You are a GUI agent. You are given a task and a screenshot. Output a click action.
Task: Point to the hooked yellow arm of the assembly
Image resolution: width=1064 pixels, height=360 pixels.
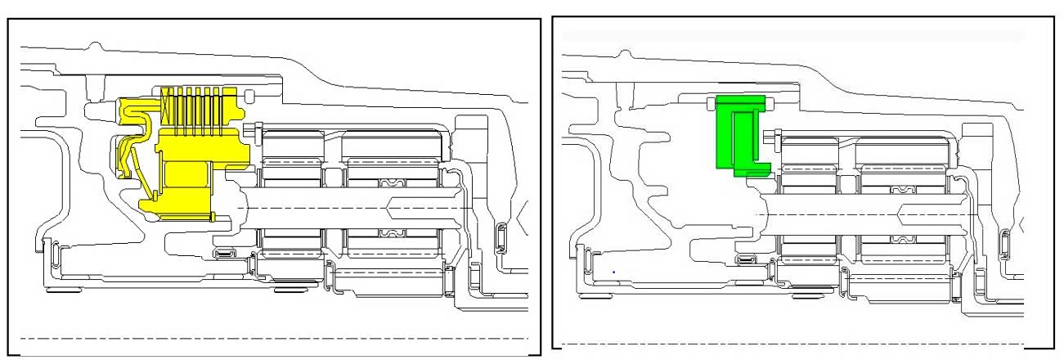131,147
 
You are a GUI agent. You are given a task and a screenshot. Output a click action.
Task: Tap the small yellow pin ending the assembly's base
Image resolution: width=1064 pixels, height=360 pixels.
214,217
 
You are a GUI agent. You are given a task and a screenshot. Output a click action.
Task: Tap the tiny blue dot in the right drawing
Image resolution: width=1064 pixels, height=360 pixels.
613,271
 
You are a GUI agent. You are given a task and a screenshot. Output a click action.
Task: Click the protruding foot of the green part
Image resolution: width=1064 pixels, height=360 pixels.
756,170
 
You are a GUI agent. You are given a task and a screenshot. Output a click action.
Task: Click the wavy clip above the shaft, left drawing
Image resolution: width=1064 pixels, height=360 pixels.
390,182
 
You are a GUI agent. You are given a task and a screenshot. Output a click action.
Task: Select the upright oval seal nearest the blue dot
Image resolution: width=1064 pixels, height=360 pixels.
586,263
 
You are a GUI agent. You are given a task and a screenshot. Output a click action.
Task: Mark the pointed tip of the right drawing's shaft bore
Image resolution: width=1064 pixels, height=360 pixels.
900,214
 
